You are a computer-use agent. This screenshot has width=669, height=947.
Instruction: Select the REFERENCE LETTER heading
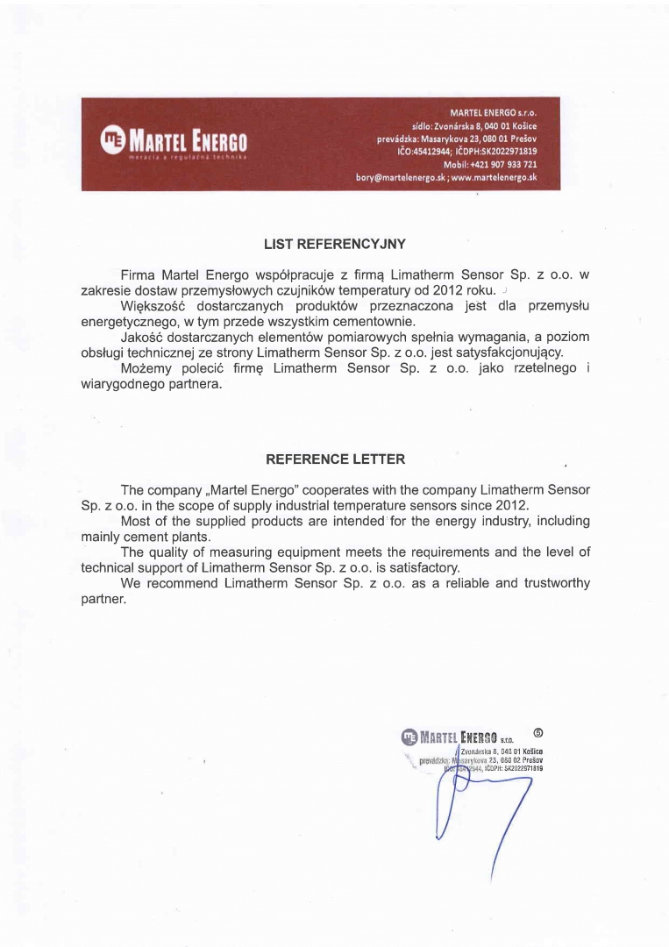335,459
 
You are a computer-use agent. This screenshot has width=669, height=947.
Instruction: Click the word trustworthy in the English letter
552,583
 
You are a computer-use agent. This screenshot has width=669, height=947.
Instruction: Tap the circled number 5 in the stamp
537,733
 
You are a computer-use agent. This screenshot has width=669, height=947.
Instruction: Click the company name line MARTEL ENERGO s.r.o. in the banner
493,113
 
